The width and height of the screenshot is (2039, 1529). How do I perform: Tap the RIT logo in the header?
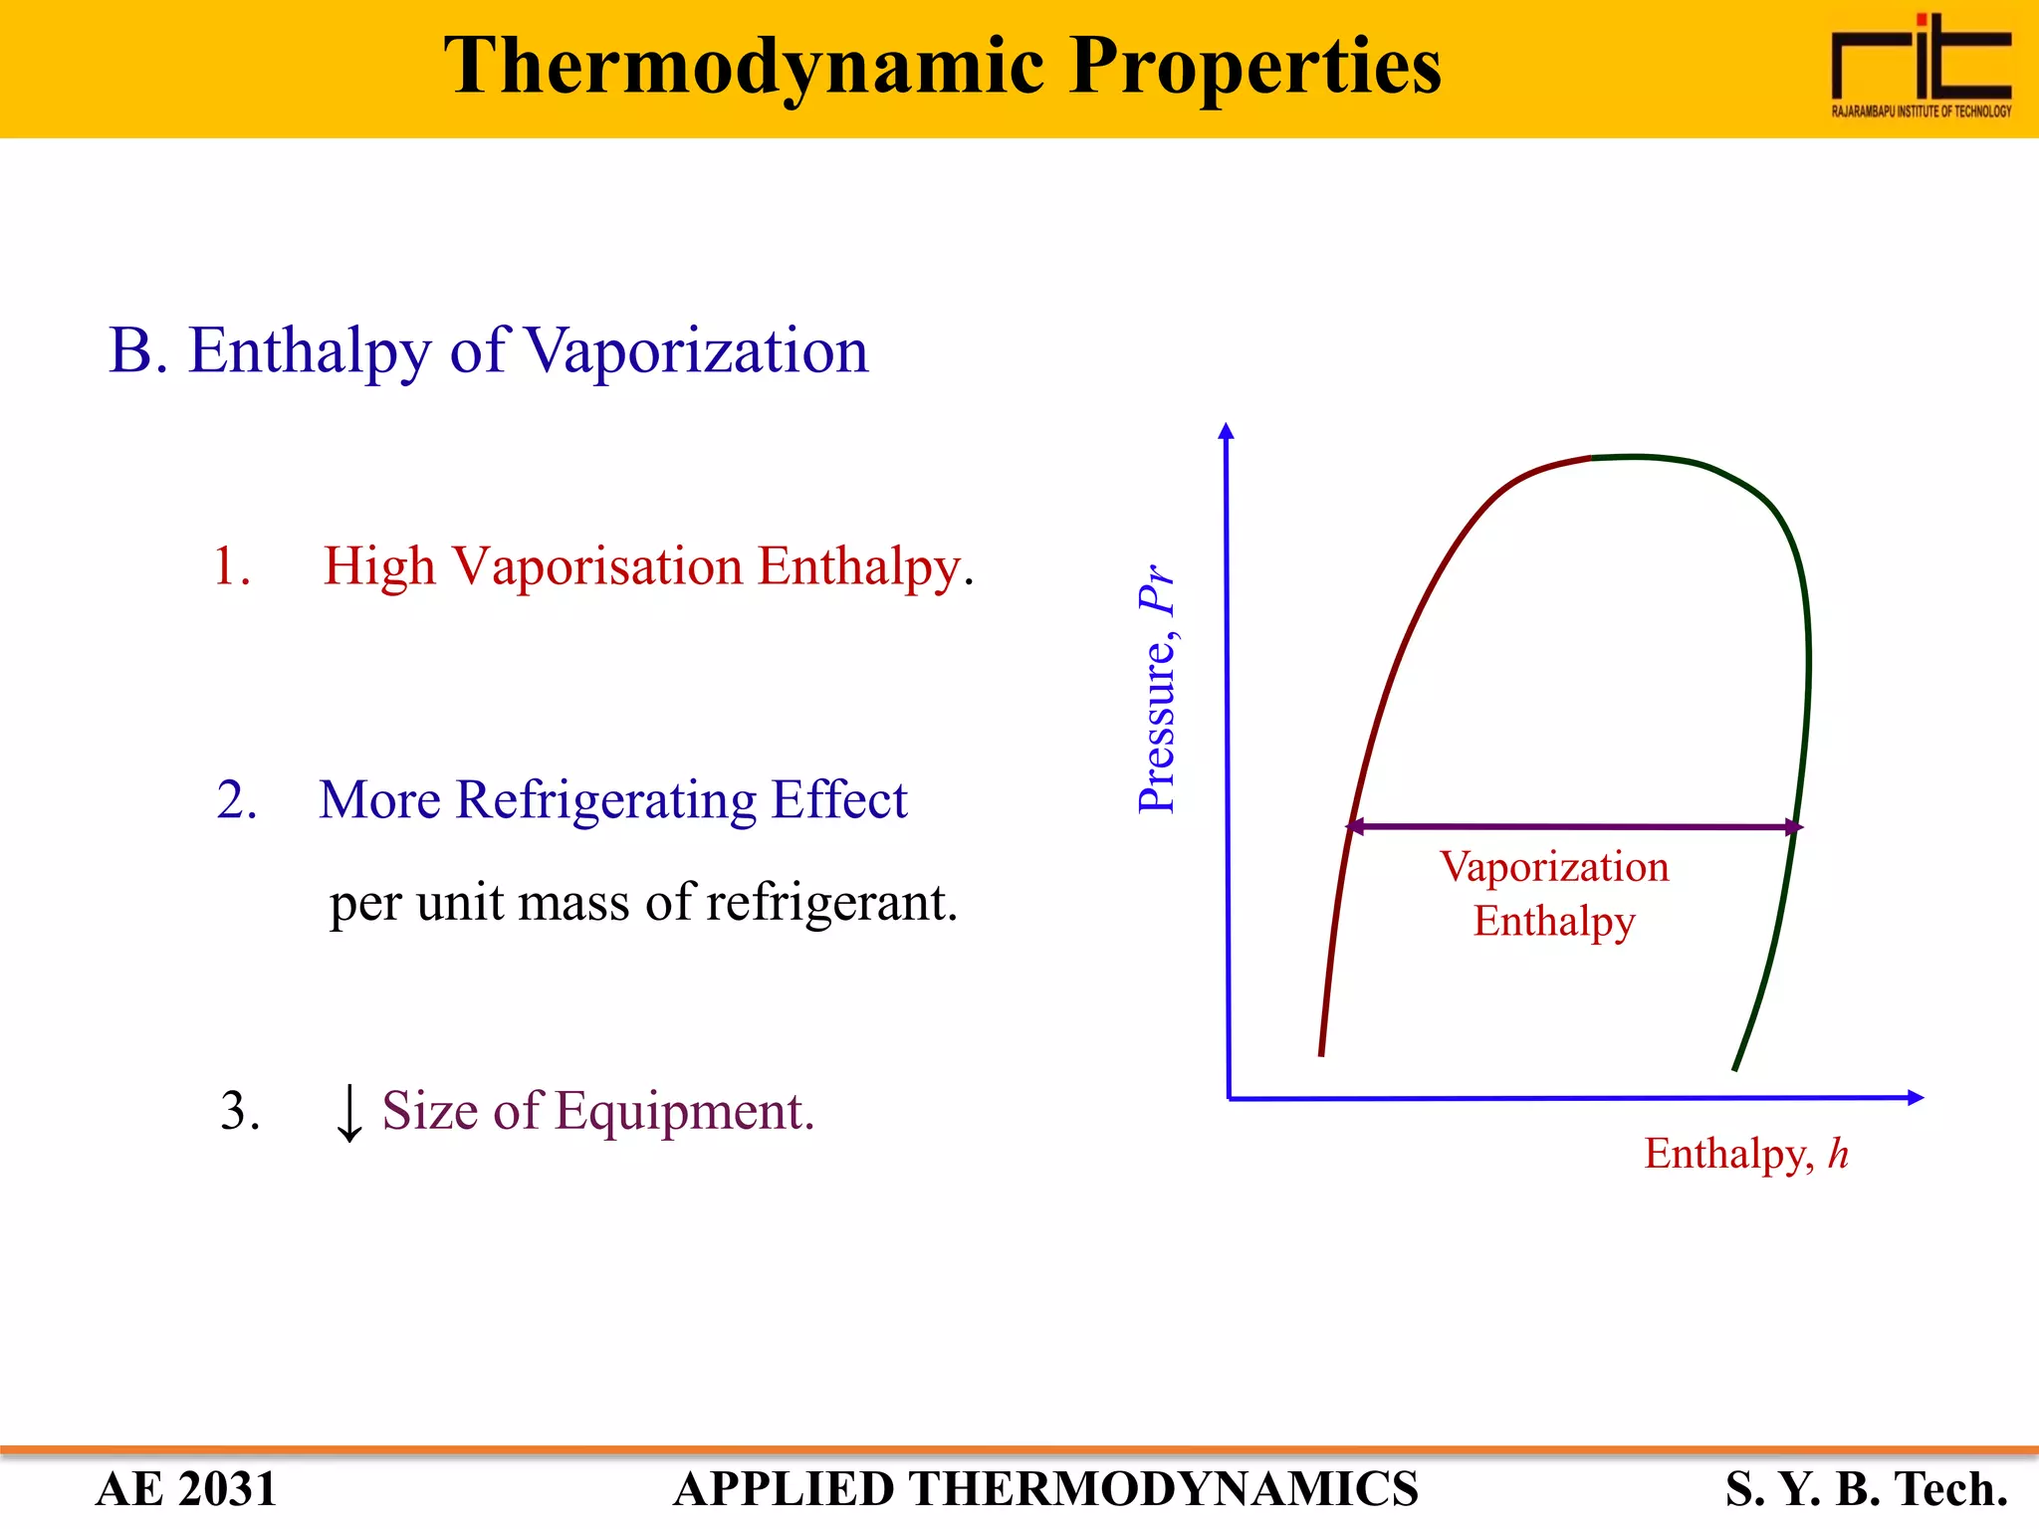coord(1921,66)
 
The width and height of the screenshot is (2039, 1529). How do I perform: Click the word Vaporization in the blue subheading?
coord(696,351)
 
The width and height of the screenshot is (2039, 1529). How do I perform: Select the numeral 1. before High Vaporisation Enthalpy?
coord(231,566)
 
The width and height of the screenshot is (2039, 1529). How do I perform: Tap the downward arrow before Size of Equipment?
coord(348,1113)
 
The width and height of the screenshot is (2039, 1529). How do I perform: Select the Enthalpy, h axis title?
coord(1745,1155)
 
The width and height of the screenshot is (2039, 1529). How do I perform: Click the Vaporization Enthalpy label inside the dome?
coord(1554,894)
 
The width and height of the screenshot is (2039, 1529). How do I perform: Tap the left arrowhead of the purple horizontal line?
coord(1354,826)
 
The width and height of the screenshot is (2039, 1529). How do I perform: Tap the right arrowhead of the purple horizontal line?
coord(1794,827)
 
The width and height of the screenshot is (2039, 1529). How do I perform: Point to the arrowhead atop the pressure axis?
coord(1227,430)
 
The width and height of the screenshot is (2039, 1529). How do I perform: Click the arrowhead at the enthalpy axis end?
coord(1916,1098)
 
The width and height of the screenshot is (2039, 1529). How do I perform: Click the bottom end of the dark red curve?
coord(1321,1053)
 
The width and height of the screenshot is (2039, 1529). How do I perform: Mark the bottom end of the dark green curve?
coord(1735,1068)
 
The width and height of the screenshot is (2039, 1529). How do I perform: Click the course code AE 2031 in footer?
coord(186,1489)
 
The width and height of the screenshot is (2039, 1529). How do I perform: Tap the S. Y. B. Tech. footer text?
coord(1867,1489)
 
